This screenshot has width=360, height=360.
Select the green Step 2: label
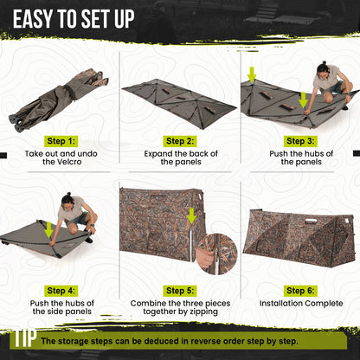click(179, 140)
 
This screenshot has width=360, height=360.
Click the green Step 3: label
click(299, 140)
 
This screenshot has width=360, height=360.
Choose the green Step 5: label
click(179, 291)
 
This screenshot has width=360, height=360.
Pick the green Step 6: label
click(299, 291)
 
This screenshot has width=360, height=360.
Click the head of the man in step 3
click(323, 67)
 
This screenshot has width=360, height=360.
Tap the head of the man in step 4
click(67, 201)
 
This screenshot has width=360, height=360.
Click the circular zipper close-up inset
click(210, 252)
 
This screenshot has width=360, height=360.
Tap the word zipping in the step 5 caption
click(213, 314)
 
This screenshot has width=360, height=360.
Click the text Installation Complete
click(299, 304)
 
